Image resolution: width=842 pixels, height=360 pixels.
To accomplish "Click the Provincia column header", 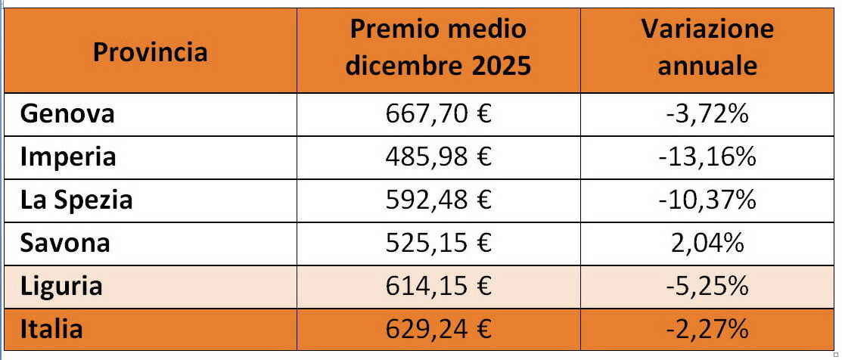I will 151,52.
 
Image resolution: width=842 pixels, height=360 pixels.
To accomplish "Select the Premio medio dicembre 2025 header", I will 438,48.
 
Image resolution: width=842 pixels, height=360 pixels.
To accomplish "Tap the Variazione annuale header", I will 707,48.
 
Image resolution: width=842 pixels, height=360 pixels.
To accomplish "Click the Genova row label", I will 68,113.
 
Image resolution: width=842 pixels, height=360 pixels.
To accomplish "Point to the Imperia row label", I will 69,157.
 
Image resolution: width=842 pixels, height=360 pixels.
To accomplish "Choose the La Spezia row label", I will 76,200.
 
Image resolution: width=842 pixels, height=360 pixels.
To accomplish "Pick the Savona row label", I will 66,243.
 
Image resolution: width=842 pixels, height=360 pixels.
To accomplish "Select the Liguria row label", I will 61,286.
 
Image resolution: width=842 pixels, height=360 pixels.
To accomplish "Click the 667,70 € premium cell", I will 438,114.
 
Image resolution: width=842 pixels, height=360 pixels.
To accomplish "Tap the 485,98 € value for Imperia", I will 438,157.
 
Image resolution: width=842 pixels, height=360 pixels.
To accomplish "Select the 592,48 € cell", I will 438,200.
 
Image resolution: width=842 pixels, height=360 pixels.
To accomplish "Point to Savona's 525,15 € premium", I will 438,244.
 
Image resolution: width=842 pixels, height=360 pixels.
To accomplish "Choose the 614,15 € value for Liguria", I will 438,287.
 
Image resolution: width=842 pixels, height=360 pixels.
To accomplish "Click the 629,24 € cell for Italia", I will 438,330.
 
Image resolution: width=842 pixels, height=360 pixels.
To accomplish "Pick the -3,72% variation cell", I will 707,114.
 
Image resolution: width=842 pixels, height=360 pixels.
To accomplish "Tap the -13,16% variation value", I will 707,157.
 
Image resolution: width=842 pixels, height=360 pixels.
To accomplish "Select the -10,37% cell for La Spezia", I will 707,200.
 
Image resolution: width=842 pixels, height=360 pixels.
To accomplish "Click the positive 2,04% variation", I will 707,244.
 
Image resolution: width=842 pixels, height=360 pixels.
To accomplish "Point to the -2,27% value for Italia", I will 707,330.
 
